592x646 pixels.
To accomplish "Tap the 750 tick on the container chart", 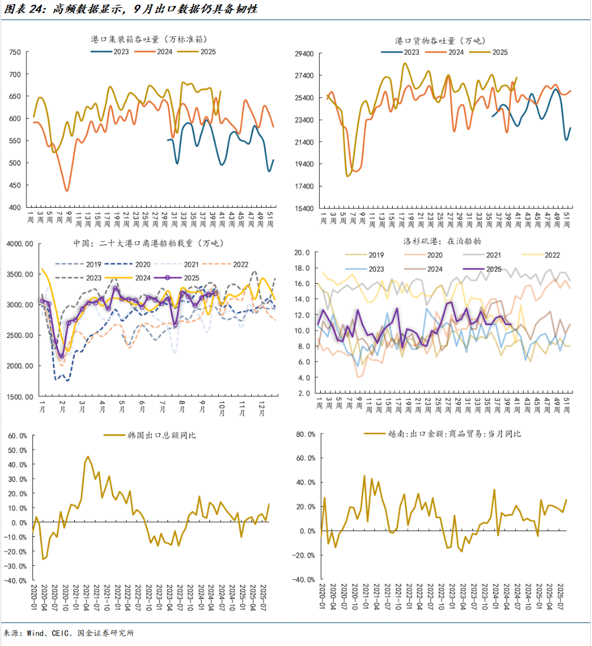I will (15, 53).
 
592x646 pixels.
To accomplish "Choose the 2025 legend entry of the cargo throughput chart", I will (500, 52).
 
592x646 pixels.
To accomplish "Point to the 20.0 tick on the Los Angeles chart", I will (302, 253).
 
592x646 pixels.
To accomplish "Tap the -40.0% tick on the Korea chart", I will (15, 581).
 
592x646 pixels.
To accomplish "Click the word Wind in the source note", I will (36, 633).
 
